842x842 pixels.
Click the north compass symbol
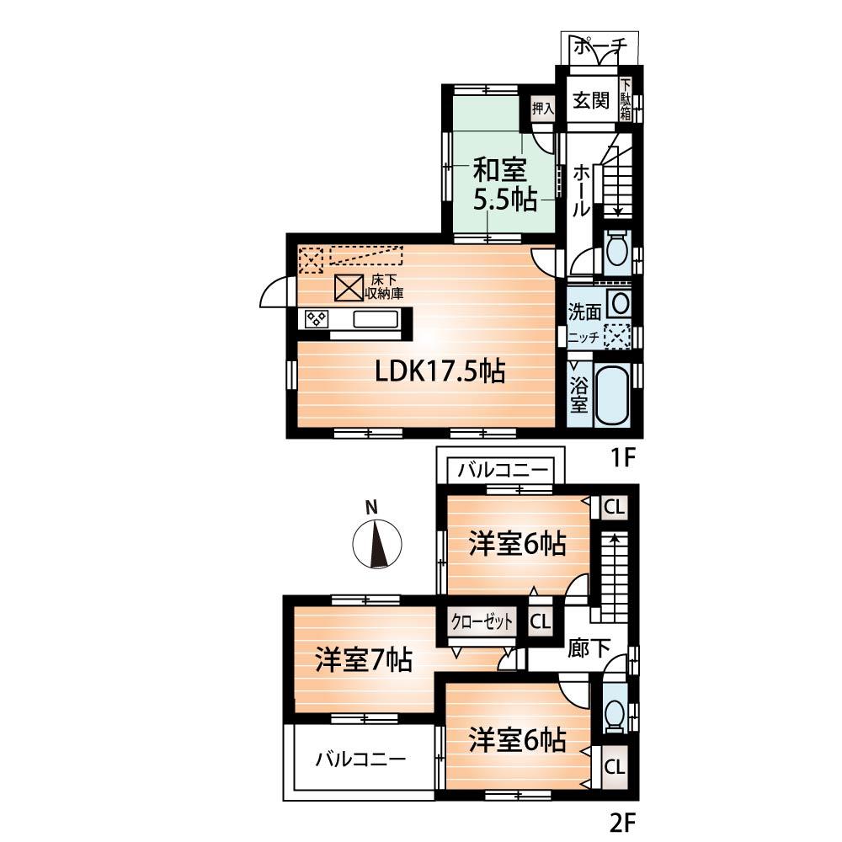point(376,545)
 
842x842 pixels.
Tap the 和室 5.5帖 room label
point(501,186)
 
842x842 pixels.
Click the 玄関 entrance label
point(592,101)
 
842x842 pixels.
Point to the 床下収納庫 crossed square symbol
point(348,288)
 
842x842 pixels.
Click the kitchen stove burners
point(317,318)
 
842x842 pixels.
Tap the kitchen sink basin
point(376,319)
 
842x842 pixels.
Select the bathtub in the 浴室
point(613,397)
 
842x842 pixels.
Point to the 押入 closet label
point(542,108)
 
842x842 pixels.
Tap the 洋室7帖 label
point(363,659)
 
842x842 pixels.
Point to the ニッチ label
point(583,337)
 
